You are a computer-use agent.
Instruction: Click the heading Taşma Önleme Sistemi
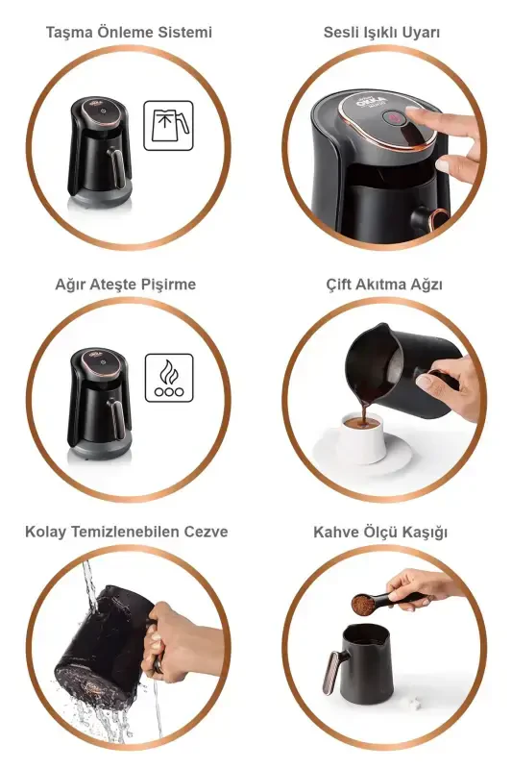(129, 33)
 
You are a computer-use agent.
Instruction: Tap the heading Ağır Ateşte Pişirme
(126, 285)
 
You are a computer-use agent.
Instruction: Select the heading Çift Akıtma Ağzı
(383, 285)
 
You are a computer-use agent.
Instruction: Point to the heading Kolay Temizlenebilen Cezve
(127, 532)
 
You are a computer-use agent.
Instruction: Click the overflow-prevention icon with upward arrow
(168, 126)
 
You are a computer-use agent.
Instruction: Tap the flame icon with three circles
(168, 378)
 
